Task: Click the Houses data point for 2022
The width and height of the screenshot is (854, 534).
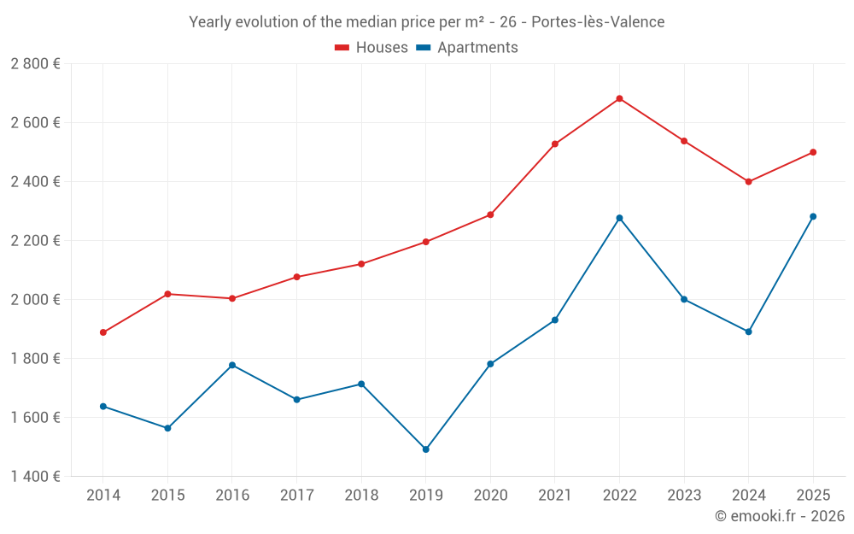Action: click(619, 98)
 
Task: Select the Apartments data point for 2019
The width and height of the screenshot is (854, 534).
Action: click(425, 449)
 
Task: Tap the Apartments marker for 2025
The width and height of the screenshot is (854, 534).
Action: click(813, 216)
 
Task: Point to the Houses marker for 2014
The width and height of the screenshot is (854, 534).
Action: click(103, 332)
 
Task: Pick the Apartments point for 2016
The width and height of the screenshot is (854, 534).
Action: click(232, 365)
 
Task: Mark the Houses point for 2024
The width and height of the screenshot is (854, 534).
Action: click(748, 181)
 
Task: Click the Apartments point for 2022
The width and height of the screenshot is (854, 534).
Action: click(619, 218)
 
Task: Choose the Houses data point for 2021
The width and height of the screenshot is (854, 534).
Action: click(555, 144)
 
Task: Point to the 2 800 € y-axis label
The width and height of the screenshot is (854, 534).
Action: click(35, 64)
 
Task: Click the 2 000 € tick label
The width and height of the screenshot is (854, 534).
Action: click(35, 300)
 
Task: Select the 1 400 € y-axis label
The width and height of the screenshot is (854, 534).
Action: click(35, 477)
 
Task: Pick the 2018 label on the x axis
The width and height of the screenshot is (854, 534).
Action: click(361, 495)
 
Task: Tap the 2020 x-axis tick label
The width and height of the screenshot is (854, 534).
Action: click(490, 495)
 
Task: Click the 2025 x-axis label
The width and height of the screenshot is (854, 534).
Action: click(813, 495)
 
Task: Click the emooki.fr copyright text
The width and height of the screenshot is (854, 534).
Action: click(780, 516)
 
